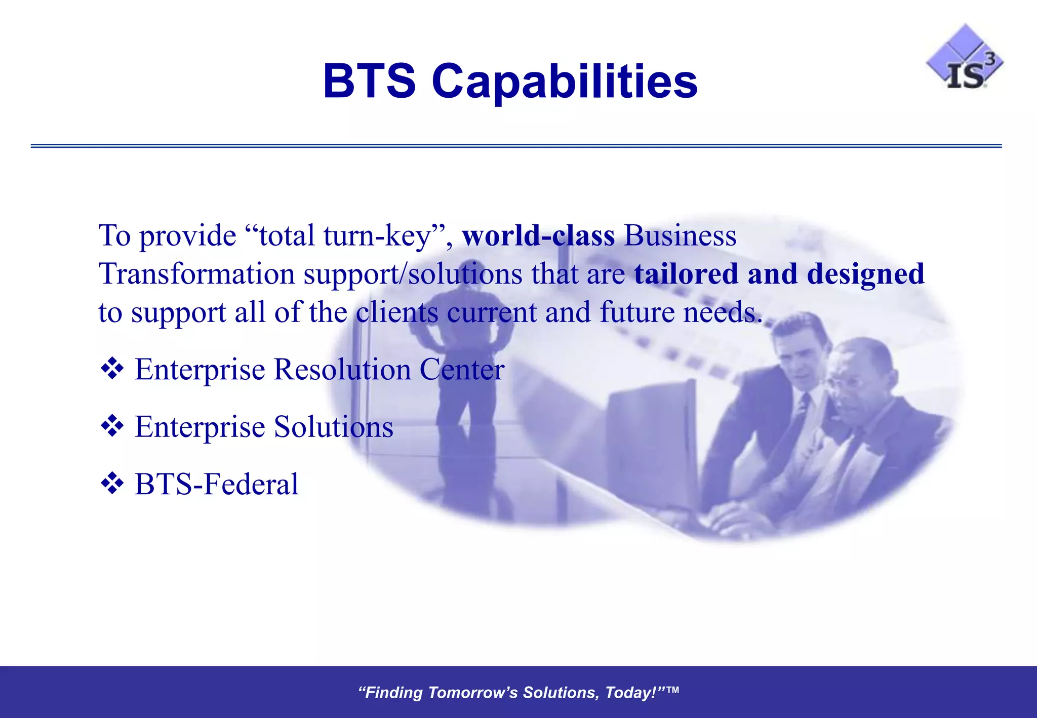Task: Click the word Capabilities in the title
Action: point(565,82)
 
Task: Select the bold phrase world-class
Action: point(538,236)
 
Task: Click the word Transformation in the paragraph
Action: point(197,274)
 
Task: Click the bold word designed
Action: point(865,274)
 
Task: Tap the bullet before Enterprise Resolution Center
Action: point(112,369)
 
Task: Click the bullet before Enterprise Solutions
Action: point(112,426)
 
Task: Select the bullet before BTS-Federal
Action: point(112,484)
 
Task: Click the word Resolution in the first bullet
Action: point(342,369)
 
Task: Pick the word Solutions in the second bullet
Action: point(333,427)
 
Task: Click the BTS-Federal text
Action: point(217,484)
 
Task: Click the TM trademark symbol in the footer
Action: point(672,690)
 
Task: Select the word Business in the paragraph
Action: point(680,236)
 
